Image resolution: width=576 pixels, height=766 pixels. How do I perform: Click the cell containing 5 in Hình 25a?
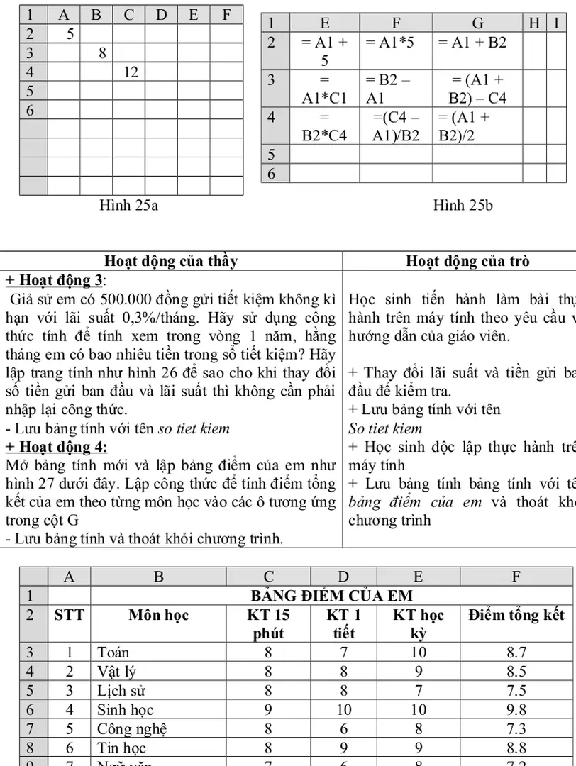point(70,33)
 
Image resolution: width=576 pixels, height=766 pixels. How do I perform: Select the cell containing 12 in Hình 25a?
point(130,72)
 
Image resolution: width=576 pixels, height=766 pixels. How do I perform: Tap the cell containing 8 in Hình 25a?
point(102,52)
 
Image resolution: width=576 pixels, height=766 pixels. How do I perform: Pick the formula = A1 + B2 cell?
point(472,43)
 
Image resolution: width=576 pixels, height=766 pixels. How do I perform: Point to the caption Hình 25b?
point(463,205)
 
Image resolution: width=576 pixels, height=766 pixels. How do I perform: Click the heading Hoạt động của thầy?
point(171,261)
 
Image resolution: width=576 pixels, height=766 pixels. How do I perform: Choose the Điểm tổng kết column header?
point(516,615)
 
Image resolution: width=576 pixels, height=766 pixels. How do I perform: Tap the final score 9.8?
point(516,709)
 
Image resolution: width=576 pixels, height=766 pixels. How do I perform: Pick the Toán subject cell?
point(113,652)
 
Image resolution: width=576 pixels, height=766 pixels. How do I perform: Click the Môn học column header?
point(158,615)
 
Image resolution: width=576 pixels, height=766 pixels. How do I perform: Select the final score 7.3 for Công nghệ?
point(516,728)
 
